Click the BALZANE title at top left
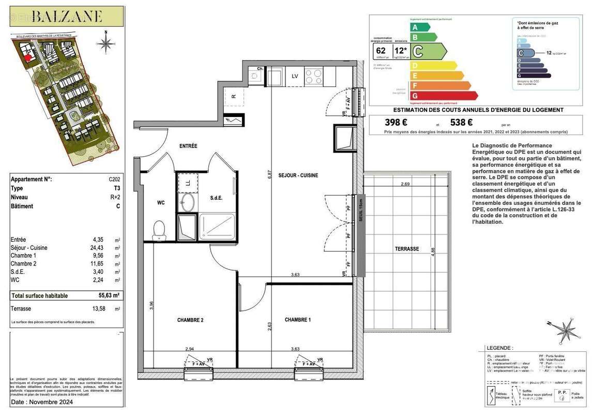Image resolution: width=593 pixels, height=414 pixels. (67, 16)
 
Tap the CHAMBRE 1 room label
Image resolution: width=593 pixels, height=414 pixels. (297, 320)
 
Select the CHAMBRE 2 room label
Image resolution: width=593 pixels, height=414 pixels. (190, 320)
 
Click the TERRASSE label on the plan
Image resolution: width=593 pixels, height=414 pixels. (406, 249)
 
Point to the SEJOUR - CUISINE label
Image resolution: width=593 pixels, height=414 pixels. (298, 175)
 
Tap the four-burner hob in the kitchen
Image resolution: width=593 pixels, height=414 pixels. (313, 77)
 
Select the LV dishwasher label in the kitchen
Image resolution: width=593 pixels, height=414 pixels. (295, 76)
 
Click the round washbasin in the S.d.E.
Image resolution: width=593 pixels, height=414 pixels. (188, 201)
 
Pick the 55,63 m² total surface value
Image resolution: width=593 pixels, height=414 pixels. (109, 295)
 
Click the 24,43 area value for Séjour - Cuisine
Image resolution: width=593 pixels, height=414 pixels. (98, 248)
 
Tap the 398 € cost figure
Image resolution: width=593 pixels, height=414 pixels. (396, 123)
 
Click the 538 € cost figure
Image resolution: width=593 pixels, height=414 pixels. (462, 123)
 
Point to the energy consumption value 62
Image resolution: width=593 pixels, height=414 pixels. (381, 50)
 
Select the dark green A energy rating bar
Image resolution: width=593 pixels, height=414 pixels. (419, 27)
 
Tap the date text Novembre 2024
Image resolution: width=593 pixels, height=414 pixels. (42, 402)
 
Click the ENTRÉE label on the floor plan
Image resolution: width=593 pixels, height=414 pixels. (188, 146)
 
